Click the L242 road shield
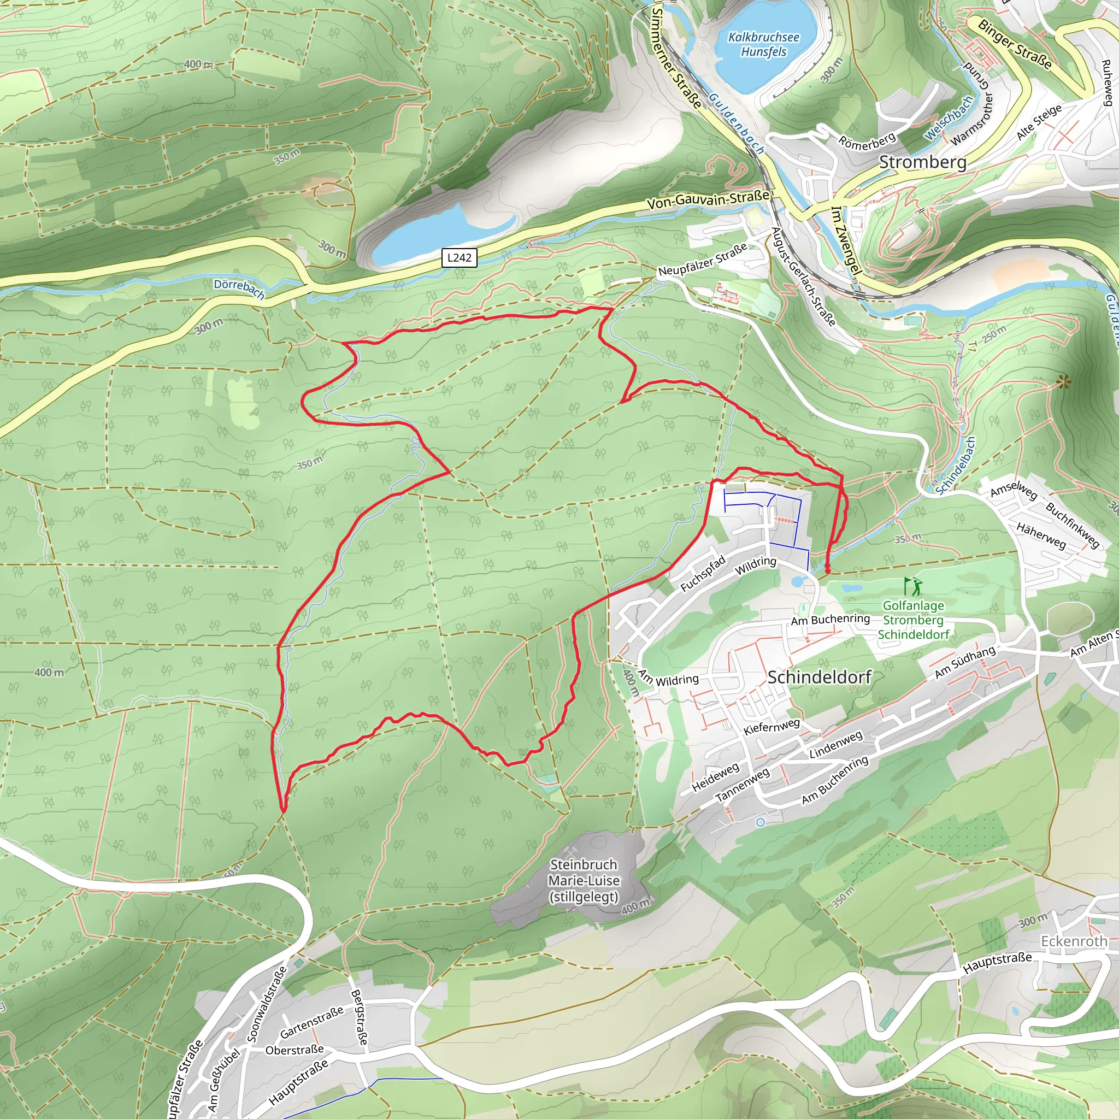coord(459,258)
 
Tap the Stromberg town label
coord(923,162)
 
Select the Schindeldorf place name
coord(819,677)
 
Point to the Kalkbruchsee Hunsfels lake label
coord(763,45)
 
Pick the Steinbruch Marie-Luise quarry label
coord(584,880)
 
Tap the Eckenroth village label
coord(1074,941)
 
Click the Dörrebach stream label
coord(239,288)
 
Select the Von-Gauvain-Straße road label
coord(708,200)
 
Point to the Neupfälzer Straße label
coord(703,261)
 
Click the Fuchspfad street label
coord(703,574)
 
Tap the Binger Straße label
coord(1014,44)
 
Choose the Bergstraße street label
coord(359,1017)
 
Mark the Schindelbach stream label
coord(956,466)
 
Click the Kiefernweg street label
coord(771,727)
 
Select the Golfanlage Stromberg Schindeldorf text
coord(914,620)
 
